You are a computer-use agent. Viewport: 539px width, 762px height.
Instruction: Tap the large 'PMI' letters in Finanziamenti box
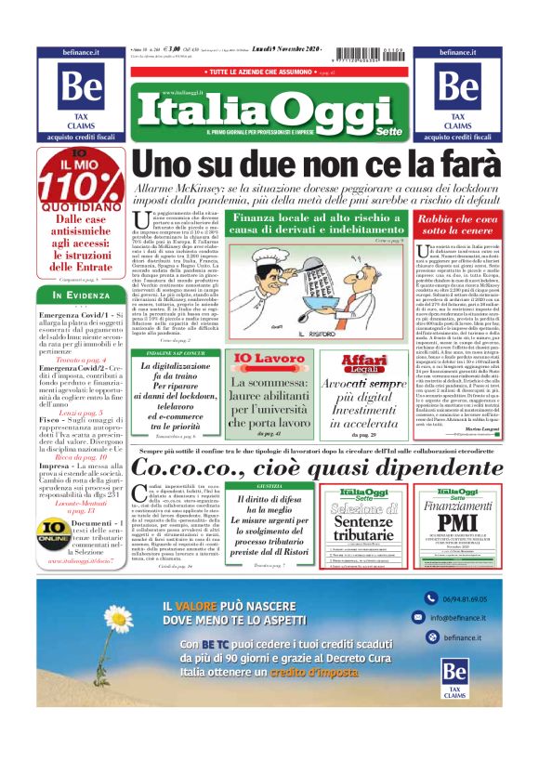(457, 522)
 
